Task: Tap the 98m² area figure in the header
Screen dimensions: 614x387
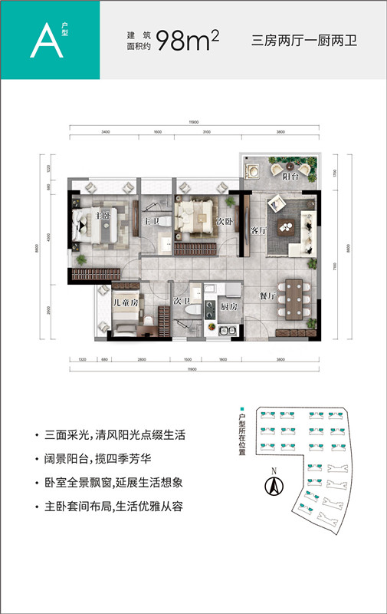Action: pyautogui.click(x=187, y=41)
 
